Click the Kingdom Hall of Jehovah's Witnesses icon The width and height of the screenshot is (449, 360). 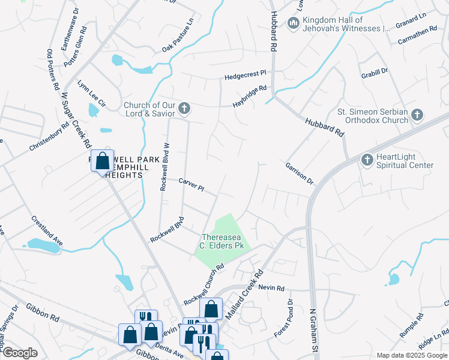pyautogui.click(x=294, y=23)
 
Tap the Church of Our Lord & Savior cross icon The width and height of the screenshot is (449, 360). pyautogui.click(x=184, y=109)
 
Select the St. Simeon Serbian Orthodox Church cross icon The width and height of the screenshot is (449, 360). pyautogui.click(x=417, y=115)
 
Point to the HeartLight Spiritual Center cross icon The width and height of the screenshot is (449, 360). pyautogui.click(x=367, y=160)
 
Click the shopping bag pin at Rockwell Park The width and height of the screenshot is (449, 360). pyautogui.click(x=102, y=161)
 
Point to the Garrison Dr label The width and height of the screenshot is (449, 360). pyautogui.click(x=300, y=172)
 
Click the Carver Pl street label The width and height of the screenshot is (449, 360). pyautogui.click(x=191, y=184)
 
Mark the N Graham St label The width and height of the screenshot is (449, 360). pyautogui.click(x=312, y=331)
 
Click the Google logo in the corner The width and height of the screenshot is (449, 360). pyautogui.click(x=20, y=352)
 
